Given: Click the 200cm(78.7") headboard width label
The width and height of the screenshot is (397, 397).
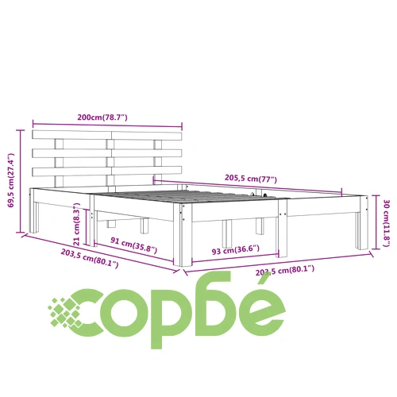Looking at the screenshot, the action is (x=102, y=117).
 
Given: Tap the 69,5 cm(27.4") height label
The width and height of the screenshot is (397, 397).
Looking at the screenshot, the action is (x=11, y=180).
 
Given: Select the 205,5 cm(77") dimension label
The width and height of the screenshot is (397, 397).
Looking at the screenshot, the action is (x=251, y=179).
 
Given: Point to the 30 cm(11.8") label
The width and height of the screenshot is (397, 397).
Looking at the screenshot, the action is (x=387, y=223).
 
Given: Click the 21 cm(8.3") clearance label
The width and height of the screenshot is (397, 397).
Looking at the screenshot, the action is (x=76, y=224).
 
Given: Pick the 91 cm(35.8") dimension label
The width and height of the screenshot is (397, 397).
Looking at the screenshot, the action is (x=134, y=245).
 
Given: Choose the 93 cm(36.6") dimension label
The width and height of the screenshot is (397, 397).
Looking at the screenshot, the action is (x=236, y=250).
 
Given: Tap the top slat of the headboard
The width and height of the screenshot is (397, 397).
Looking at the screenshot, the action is (x=107, y=135).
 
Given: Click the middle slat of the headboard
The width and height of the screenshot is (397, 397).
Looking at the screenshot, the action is (x=107, y=153).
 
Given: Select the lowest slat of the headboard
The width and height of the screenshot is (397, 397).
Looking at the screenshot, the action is (x=107, y=172).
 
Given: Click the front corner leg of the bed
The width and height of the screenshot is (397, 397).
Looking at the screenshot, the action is (x=183, y=234).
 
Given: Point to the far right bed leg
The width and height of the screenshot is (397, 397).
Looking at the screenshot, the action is (x=362, y=222).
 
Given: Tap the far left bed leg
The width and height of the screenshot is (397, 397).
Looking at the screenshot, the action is (x=33, y=210).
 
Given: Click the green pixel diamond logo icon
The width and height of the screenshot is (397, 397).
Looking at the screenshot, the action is (x=64, y=312).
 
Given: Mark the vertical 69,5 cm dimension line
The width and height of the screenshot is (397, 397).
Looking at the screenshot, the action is (x=21, y=181).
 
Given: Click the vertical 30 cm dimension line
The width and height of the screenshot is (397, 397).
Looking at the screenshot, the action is (x=376, y=222).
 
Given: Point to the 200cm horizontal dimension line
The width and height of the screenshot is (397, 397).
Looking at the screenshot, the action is (x=107, y=125).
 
